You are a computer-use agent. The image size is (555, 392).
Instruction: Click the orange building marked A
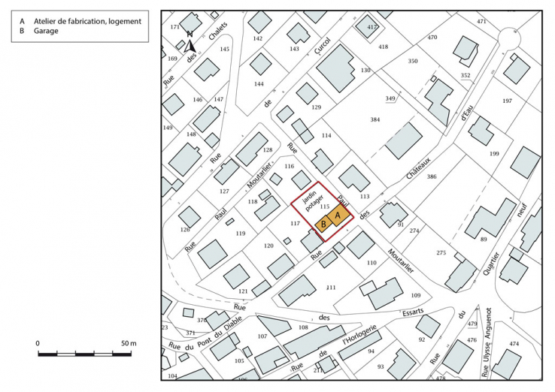(338, 215)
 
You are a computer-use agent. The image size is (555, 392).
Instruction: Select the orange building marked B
(323, 223)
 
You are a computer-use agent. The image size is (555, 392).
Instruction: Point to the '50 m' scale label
(128, 343)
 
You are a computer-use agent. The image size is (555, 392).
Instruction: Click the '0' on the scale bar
(38, 343)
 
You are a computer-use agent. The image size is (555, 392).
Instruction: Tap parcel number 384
(376, 120)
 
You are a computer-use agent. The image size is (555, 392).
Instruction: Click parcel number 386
(431, 176)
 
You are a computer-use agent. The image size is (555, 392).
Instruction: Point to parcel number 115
(325, 206)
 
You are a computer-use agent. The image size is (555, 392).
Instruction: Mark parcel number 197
(507, 101)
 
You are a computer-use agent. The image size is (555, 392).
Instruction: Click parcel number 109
(416, 295)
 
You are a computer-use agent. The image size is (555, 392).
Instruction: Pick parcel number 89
(484, 240)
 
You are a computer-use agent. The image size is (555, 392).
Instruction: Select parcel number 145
(224, 49)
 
